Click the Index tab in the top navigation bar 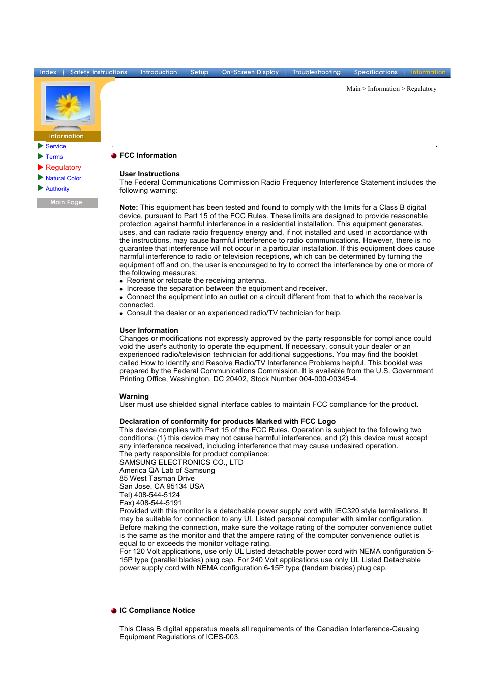[48, 72]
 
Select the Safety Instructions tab [99, 72]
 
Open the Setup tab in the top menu [199, 72]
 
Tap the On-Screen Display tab [250, 72]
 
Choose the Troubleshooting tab [316, 72]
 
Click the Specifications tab [376, 72]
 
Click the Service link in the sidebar [55, 146]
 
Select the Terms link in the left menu [54, 157]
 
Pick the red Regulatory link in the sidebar [63, 167]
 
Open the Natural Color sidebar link [63, 178]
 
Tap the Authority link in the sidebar [57, 189]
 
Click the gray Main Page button [67, 202]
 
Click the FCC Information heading [148, 155]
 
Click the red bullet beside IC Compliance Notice [114, 611]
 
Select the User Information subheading [148, 330]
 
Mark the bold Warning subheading [134, 396]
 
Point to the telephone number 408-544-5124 [157, 495]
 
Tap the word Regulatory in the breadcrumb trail [421, 89]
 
